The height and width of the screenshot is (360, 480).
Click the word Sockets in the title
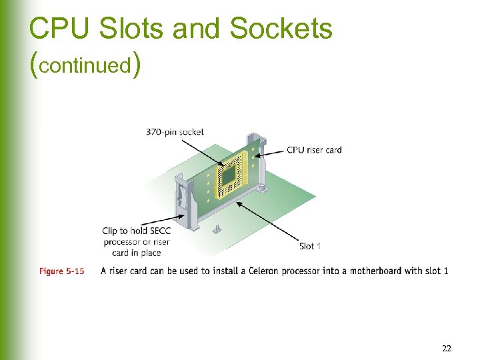281,28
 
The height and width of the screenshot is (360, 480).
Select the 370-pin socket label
175,132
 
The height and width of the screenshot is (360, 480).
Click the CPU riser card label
314,150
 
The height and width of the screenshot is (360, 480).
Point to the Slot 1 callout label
309,246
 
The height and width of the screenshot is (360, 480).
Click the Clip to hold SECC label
136,231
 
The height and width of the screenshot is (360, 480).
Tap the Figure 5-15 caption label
61,271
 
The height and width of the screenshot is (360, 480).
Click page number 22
446,348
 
